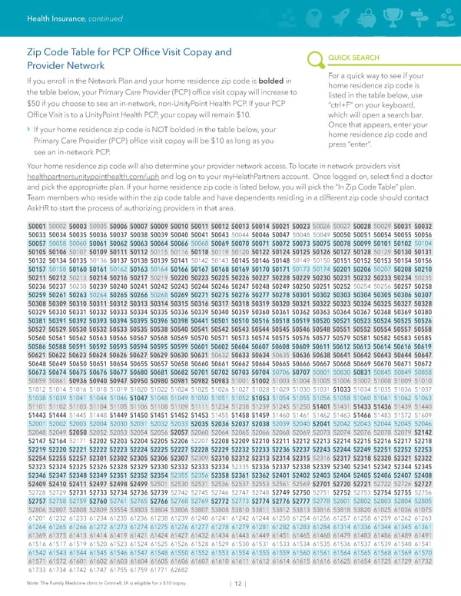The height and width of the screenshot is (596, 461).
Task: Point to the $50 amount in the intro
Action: coord(33,103)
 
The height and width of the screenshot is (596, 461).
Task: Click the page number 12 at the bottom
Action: coord(239,582)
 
